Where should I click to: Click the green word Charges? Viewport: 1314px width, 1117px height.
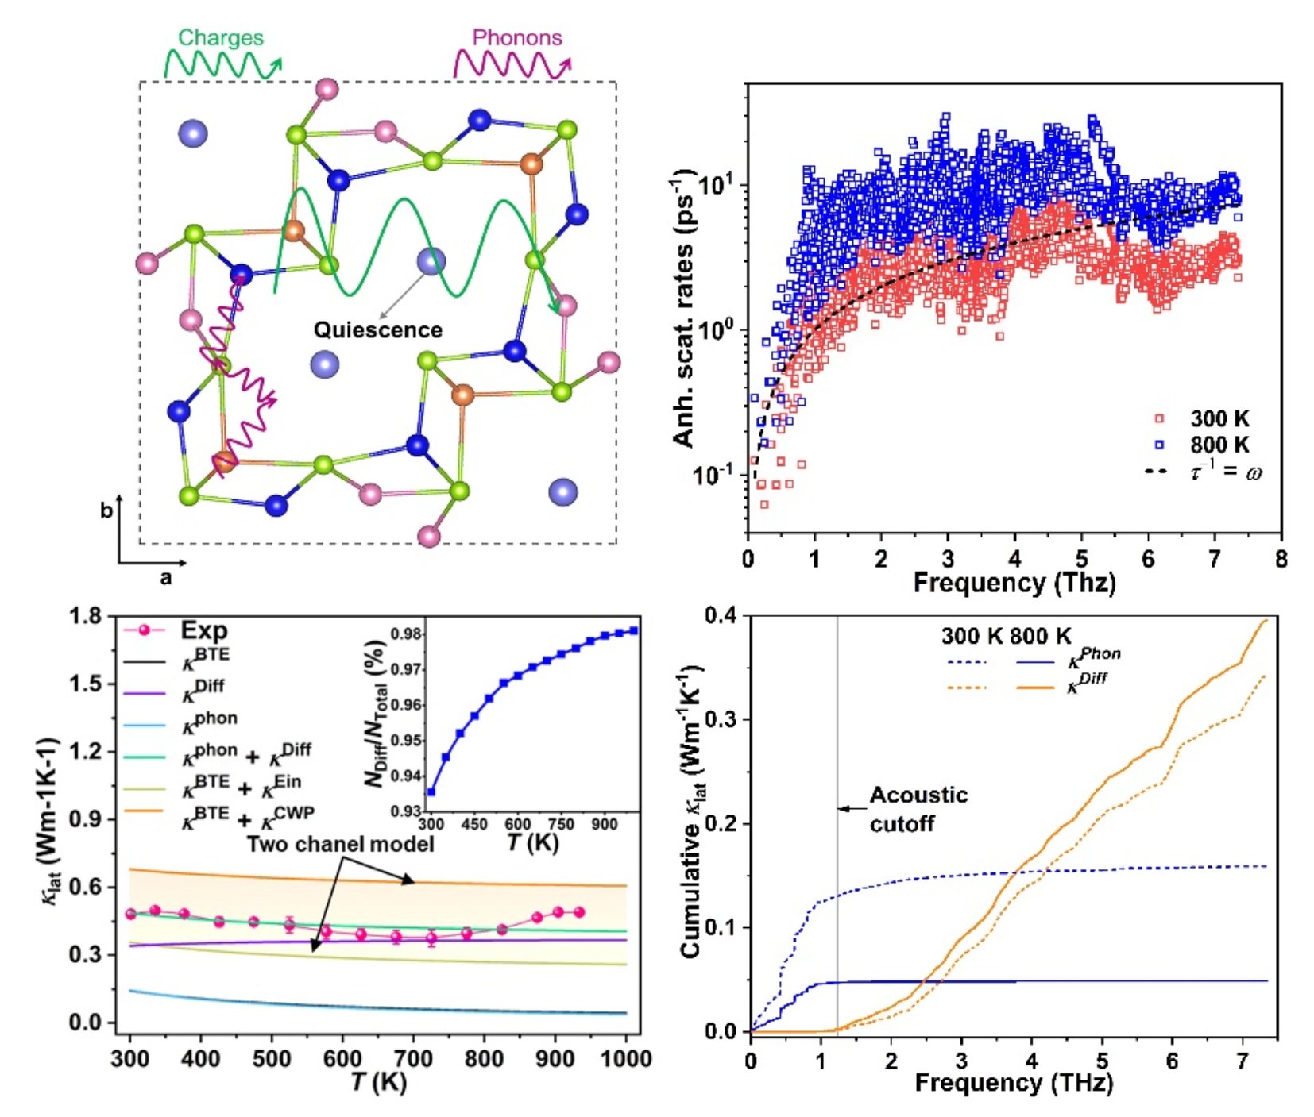click(220, 37)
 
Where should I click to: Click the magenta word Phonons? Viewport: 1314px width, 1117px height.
click(516, 37)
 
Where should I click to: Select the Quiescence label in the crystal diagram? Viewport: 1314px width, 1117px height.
click(377, 330)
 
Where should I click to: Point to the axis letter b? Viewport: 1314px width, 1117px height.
click(106, 511)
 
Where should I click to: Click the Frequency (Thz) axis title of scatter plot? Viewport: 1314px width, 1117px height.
click(1014, 584)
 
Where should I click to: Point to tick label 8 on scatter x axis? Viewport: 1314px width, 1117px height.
click(1281, 560)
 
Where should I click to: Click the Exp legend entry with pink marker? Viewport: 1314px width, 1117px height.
click(203, 630)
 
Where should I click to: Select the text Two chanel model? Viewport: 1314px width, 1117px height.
click(340, 844)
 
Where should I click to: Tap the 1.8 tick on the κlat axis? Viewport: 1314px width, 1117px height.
click(85, 617)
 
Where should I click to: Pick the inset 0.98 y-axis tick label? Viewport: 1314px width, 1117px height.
click(406, 634)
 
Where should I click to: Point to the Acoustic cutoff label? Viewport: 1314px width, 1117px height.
click(918, 809)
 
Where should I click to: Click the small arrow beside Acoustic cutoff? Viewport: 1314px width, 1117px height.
click(852, 809)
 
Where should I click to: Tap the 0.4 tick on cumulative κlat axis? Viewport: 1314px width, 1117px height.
click(722, 616)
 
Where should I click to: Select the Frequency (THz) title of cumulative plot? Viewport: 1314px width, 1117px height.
click(1013, 1083)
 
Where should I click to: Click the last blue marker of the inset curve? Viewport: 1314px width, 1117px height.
click(633, 630)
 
